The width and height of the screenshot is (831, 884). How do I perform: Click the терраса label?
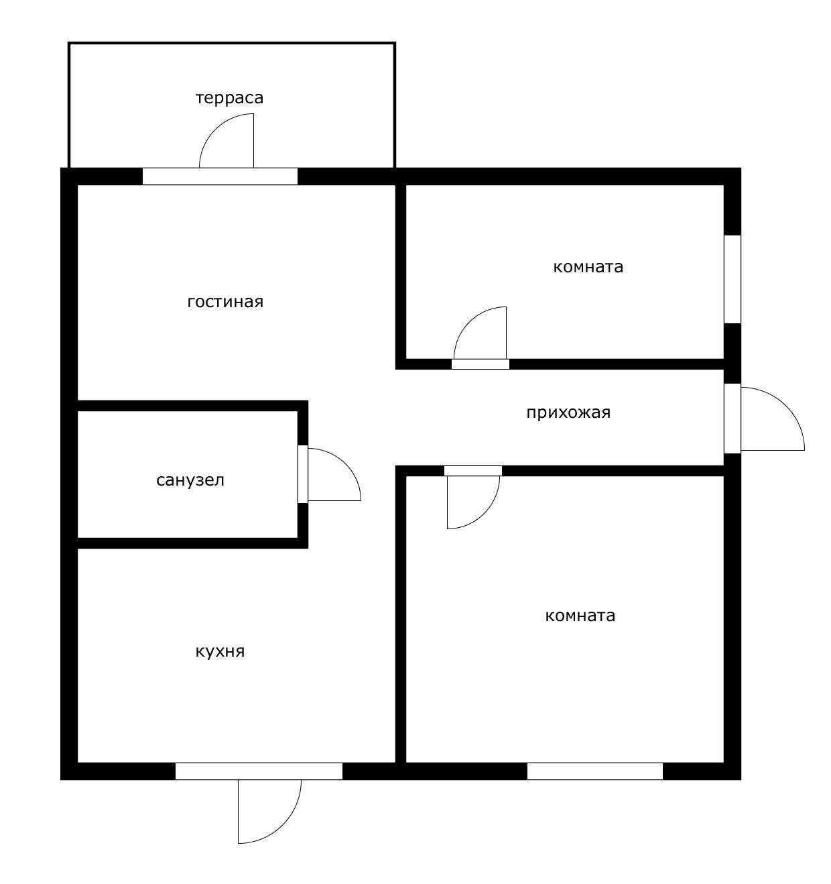(x=230, y=98)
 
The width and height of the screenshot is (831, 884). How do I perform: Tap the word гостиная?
(x=226, y=302)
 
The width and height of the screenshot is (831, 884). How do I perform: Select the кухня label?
(x=220, y=652)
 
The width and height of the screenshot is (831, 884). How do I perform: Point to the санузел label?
(x=190, y=480)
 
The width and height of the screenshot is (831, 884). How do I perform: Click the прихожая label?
(x=568, y=412)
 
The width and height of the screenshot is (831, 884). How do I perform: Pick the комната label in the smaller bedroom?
(x=588, y=267)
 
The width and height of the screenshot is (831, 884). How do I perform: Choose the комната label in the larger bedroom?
(x=580, y=616)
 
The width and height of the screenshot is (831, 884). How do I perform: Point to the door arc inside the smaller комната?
(x=469, y=322)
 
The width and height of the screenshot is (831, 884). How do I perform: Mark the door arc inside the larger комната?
(x=484, y=513)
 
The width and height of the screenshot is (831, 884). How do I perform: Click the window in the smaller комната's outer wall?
(x=732, y=280)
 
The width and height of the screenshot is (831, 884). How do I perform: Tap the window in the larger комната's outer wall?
(x=595, y=771)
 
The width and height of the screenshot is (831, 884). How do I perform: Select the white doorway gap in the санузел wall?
(x=303, y=474)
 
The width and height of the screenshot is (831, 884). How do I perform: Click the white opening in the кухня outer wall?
(x=259, y=771)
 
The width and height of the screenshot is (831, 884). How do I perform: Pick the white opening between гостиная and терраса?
(x=220, y=176)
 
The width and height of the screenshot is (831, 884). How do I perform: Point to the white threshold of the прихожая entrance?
(x=732, y=419)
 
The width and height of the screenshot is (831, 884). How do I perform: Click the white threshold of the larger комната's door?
(x=473, y=471)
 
